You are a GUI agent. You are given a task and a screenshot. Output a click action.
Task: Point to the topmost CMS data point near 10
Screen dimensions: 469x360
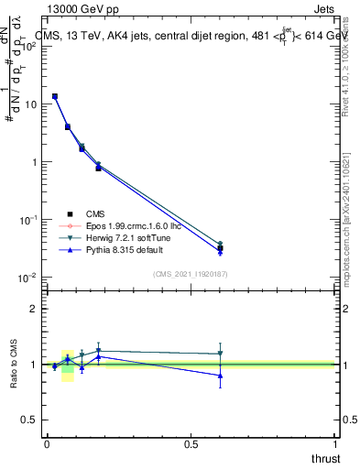click(55, 96)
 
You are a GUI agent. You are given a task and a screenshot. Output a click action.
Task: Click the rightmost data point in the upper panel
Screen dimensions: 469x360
click(220, 247)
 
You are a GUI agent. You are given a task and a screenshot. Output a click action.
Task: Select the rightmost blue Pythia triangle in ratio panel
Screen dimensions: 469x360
click(220, 376)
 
